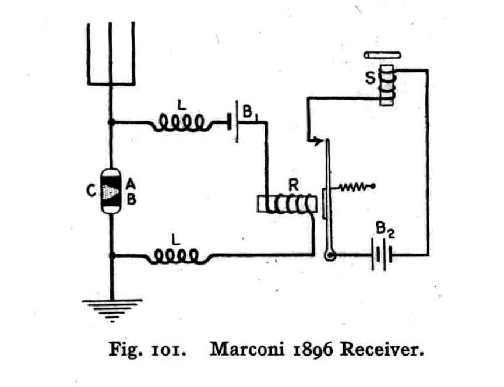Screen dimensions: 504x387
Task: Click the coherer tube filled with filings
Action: [111, 191]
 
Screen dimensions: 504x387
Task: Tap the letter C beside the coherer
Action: [91, 191]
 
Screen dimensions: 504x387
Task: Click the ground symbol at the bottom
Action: [112, 310]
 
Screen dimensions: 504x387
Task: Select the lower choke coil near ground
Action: [177, 256]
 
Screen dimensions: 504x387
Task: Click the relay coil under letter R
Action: [287, 204]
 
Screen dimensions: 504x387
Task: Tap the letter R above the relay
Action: [293, 185]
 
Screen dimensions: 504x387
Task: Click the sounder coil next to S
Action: [387, 85]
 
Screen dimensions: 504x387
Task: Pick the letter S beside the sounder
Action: [371, 78]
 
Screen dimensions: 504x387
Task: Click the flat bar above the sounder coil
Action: [382, 55]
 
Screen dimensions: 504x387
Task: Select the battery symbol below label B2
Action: [382, 255]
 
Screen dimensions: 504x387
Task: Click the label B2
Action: [385, 230]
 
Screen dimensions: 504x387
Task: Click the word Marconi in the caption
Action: [247, 349]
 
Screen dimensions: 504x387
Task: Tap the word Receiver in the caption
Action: [382, 349]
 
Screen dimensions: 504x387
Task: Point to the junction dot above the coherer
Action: [111, 122]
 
